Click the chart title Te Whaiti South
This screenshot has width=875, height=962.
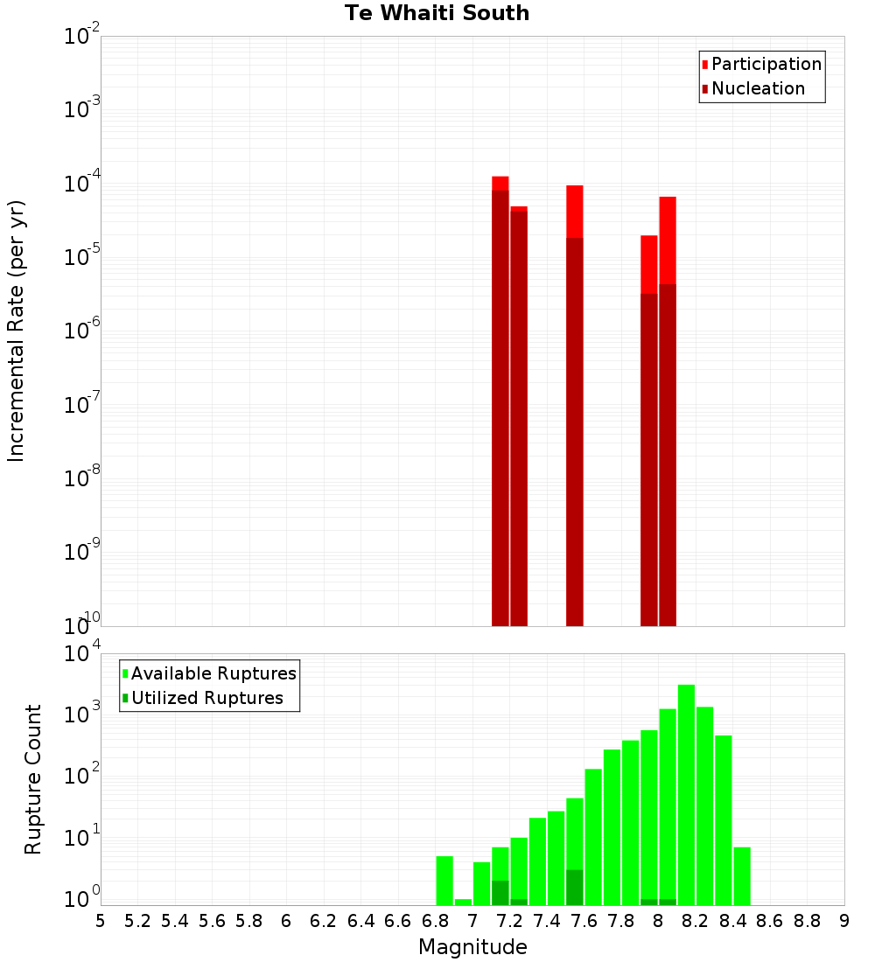(x=437, y=13)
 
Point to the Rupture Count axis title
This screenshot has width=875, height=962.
(x=33, y=778)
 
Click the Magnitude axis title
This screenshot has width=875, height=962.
(x=472, y=947)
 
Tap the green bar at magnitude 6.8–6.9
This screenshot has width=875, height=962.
(x=444, y=880)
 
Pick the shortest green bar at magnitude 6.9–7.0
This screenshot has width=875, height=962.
(x=463, y=902)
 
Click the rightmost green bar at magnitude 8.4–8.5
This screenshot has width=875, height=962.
(x=742, y=875)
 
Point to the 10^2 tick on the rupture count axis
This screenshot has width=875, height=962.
(x=84, y=776)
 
